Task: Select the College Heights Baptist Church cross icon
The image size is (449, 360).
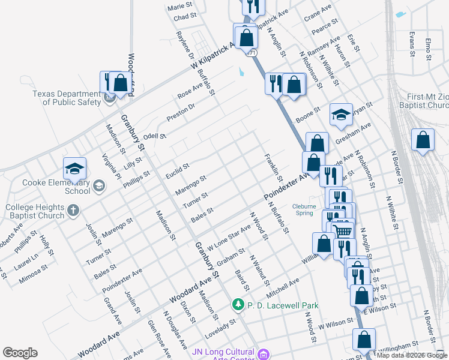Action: click(73, 211)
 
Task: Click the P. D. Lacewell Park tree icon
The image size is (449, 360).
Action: click(238, 305)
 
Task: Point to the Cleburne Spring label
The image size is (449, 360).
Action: click(304, 209)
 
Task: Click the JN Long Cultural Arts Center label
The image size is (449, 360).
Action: click(224, 355)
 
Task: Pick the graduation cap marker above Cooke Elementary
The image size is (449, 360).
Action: click(75, 168)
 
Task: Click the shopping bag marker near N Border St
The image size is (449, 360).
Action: click(423, 141)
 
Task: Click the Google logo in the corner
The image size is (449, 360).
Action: click(20, 353)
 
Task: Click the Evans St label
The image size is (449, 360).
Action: click(412, 44)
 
